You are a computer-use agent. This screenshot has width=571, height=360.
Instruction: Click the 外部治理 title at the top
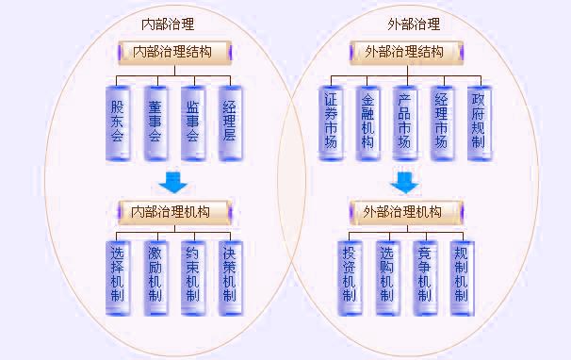tap(414, 25)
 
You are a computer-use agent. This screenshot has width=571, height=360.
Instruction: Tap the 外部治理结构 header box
tap(404, 52)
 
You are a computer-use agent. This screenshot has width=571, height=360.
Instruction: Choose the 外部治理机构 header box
tap(401, 210)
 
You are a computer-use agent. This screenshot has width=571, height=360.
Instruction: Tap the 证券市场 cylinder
tap(331, 121)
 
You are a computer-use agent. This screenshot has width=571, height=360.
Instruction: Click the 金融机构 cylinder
tap(367, 121)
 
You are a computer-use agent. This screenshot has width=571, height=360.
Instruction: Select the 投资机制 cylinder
tap(350, 274)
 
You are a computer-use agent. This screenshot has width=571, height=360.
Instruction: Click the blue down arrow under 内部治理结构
tap(173, 182)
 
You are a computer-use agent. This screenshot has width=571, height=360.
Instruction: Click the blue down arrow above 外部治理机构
tap(403, 181)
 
